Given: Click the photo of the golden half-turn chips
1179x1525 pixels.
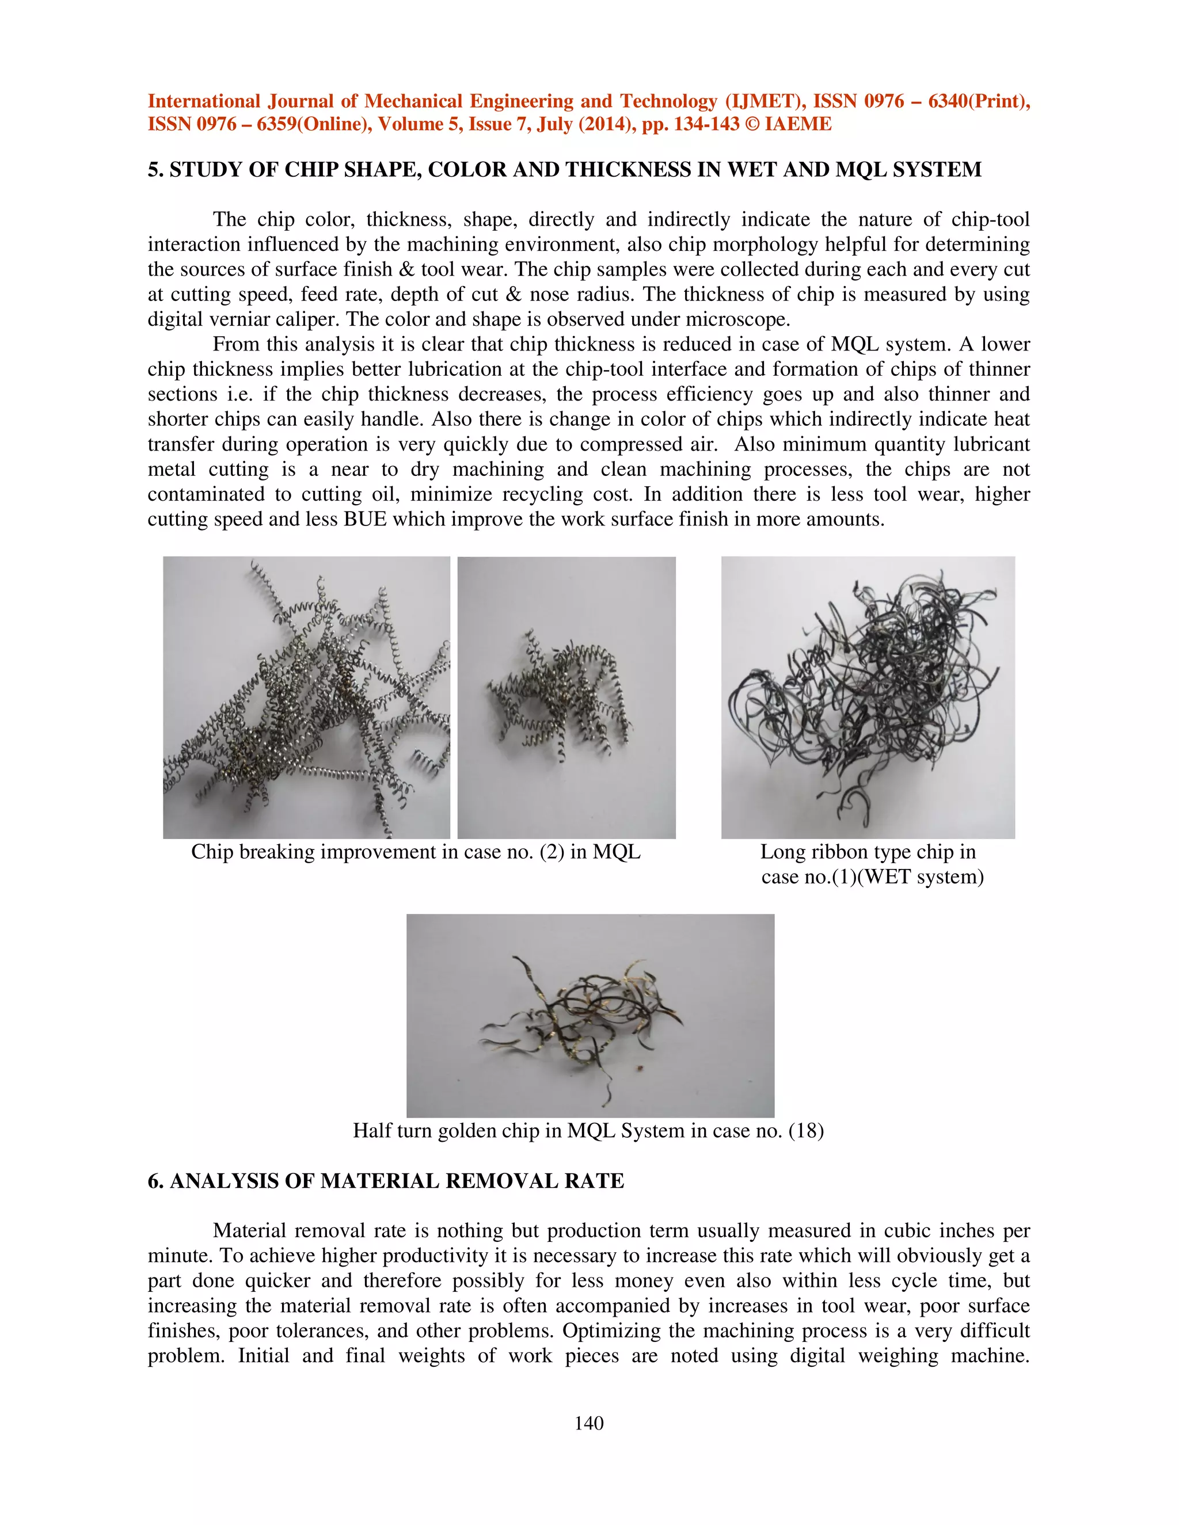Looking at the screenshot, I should (x=590, y=1015).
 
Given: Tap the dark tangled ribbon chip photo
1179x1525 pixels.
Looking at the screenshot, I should (x=868, y=697).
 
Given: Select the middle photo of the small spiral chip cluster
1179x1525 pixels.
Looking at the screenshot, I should (x=566, y=697).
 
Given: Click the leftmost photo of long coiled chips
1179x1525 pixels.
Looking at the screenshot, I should (x=306, y=697).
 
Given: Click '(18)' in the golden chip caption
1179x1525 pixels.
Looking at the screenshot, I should (x=806, y=1130).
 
